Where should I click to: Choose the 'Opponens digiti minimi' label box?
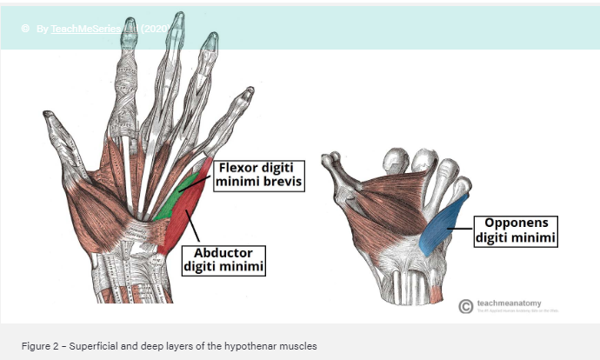(514, 229)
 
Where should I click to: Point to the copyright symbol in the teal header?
(25, 29)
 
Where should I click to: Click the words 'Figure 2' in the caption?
(41, 346)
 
